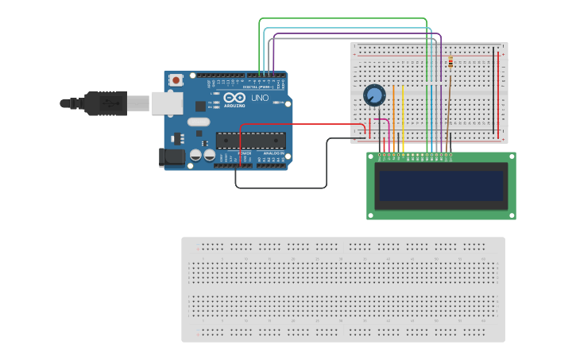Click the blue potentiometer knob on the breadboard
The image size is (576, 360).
(373, 95)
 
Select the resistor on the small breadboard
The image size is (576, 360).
(451, 63)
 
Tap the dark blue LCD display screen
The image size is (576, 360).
(441, 186)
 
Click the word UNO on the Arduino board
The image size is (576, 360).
(260, 98)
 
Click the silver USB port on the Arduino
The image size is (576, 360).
(167, 103)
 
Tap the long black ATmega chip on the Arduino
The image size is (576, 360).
(251, 140)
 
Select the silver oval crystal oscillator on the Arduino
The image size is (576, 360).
(199, 122)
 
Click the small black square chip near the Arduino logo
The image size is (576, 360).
(199, 105)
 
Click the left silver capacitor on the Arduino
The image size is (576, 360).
(195, 156)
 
